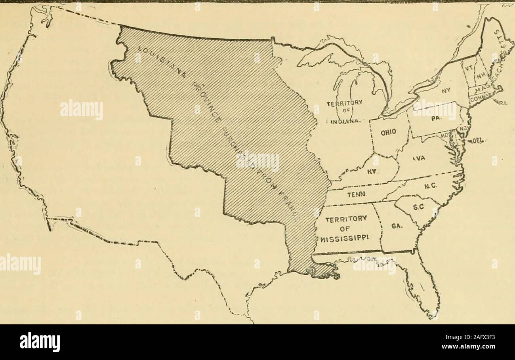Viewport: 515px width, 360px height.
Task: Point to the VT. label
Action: click(x=469, y=69)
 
